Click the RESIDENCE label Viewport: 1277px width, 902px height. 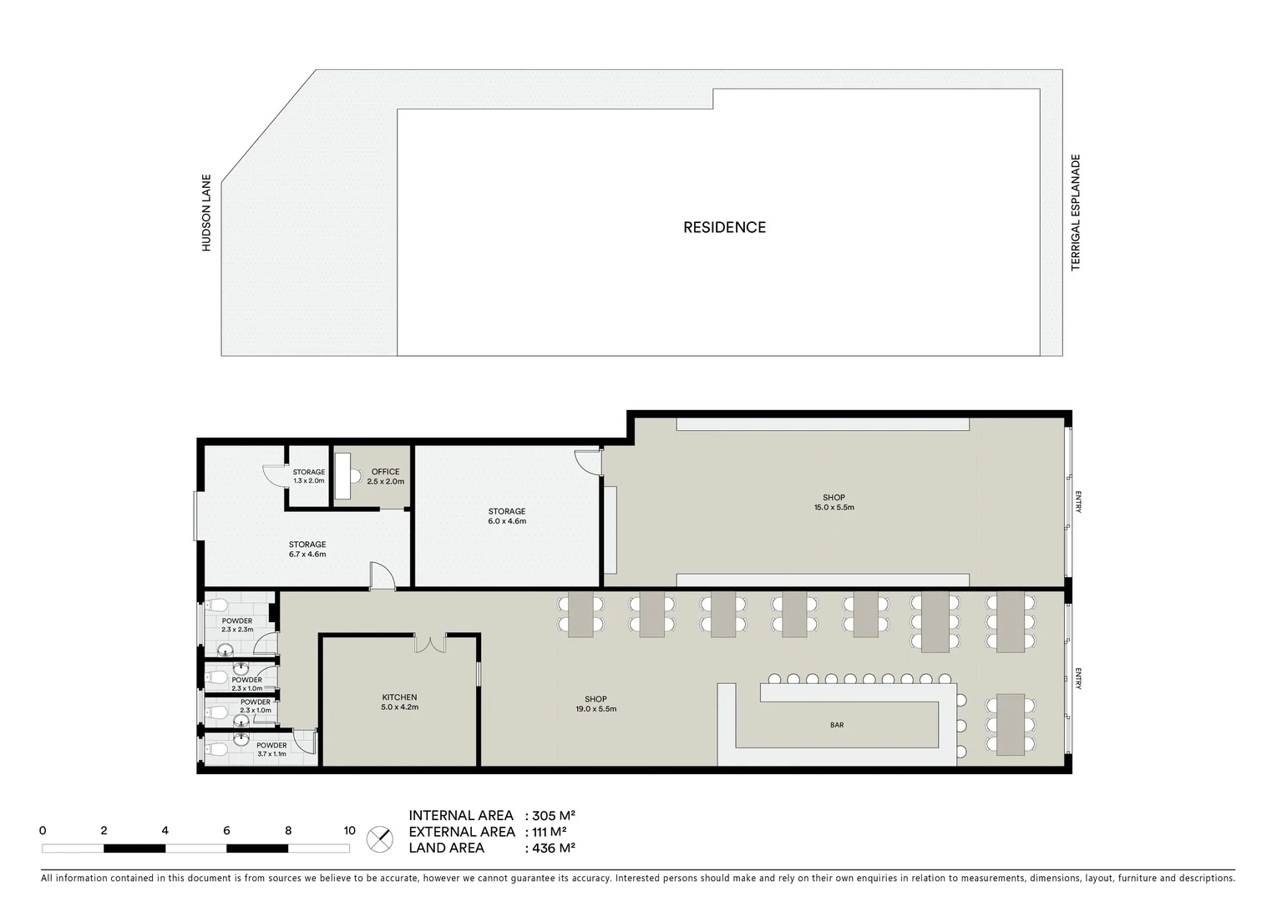tap(724, 227)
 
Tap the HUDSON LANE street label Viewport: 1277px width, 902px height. tap(206, 212)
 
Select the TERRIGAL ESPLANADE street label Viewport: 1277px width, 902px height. tap(1076, 212)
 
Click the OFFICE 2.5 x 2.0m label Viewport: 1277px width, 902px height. tap(385, 477)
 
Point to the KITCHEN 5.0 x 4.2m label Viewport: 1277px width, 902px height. tap(399, 702)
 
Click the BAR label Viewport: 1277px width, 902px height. tap(837, 725)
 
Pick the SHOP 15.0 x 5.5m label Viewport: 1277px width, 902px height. tap(834, 503)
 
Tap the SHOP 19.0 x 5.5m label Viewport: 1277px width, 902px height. tap(595, 704)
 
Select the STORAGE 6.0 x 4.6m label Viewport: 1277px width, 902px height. tap(507, 516)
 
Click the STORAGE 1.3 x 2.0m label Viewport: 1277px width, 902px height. tap(308, 477)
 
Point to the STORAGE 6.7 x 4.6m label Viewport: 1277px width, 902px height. tap(307, 550)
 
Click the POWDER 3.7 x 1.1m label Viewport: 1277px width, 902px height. tap(271, 749)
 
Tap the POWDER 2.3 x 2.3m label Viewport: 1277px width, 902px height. tap(237, 626)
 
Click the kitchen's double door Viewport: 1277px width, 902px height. tap(429, 644)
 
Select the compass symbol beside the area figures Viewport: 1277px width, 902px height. tap(379, 838)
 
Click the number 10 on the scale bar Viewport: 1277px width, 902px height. tap(349, 831)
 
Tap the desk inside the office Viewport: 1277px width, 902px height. tap(342, 476)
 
